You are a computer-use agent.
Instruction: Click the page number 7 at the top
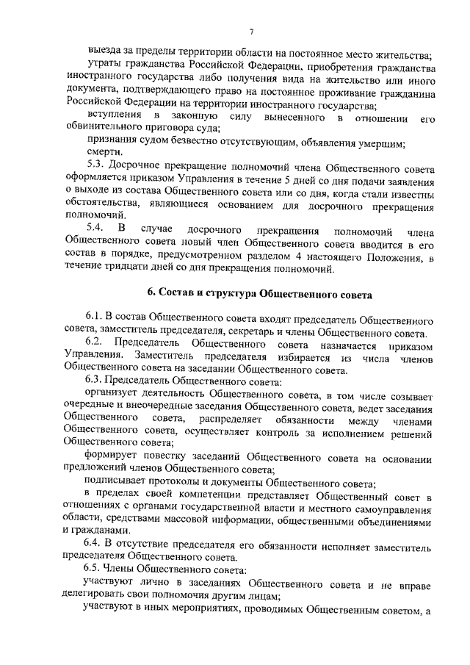click(x=251, y=31)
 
